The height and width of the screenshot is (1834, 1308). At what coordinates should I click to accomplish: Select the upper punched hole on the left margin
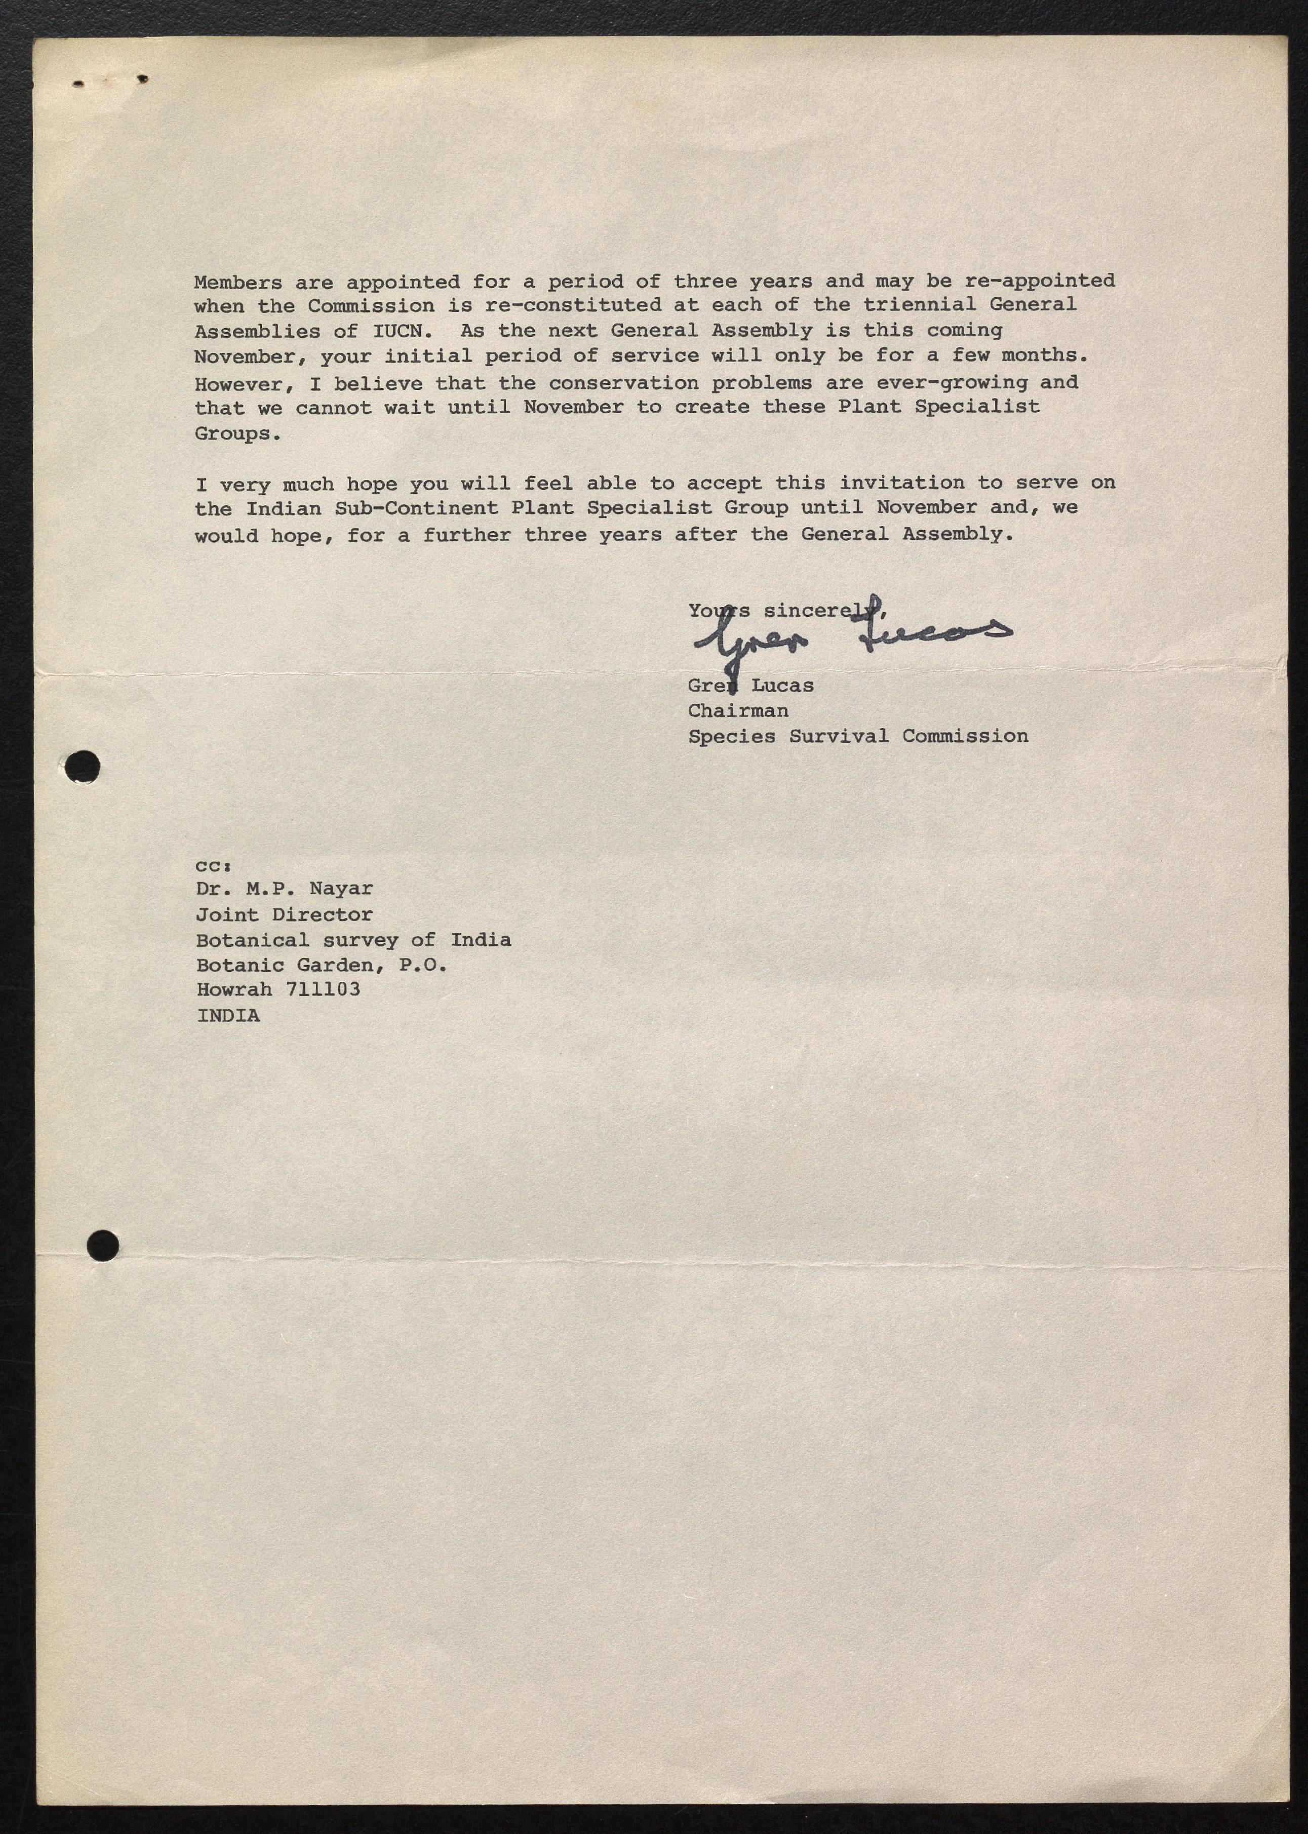pyautogui.click(x=83, y=765)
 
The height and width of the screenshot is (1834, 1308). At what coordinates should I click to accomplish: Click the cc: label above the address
pyautogui.click(x=213, y=866)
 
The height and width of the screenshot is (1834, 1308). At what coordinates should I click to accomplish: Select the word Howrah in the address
pyautogui.click(x=233, y=989)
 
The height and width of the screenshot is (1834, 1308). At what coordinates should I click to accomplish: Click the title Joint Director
pyautogui.click(x=284, y=915)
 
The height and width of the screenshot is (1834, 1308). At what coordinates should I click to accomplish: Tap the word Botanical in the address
pyautogui.click(x=252, y=940)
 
